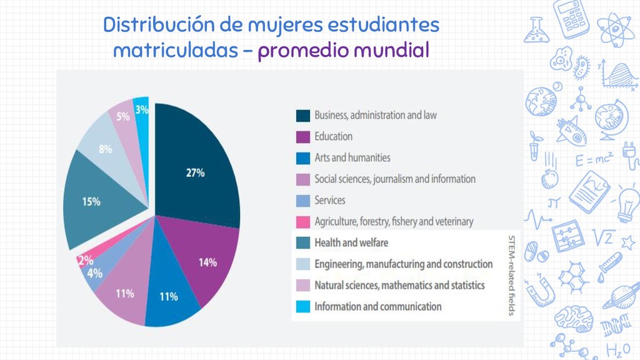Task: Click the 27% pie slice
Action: (x=195, y=169)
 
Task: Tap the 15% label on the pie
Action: (x=91, y=202)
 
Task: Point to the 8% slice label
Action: (x=105, y=149)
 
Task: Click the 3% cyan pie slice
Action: (x=142, y=111)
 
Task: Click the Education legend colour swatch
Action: (x=303, y=137)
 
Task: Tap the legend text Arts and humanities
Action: (x=352, y=158)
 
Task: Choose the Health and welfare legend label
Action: (x=351, y=242)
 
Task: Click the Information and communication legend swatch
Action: (x=303, y=307)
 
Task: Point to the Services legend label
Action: (x=329, y=201)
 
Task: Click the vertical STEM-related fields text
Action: (x=511, y=275)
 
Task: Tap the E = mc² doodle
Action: (x=595, y=160)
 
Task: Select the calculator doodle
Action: (x=573, y=18)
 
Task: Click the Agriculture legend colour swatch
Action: (x=303, y=222)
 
